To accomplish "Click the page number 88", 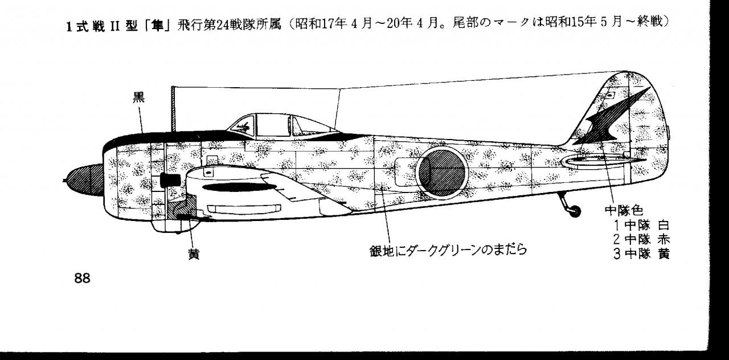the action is (83, 279).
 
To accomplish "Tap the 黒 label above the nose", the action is (138, 97).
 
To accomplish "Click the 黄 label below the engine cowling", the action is (194, 254).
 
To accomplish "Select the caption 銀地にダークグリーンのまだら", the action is (448, 250).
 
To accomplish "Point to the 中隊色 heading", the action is (624, 210).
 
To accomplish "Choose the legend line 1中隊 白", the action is (641, 225).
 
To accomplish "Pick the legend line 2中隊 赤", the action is (641, 239).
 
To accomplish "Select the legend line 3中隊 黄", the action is (641, 254).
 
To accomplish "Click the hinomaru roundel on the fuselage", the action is (441, 173).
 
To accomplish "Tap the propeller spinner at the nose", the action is (84, 180).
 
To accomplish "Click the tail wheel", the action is (575, 211).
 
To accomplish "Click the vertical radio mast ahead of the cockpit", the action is (174, 109).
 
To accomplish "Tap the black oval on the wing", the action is (239, 187).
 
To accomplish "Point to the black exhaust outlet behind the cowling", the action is (170, 181).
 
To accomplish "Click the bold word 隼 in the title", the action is (157, 24).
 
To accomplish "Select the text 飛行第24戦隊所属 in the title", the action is (229, 24).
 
